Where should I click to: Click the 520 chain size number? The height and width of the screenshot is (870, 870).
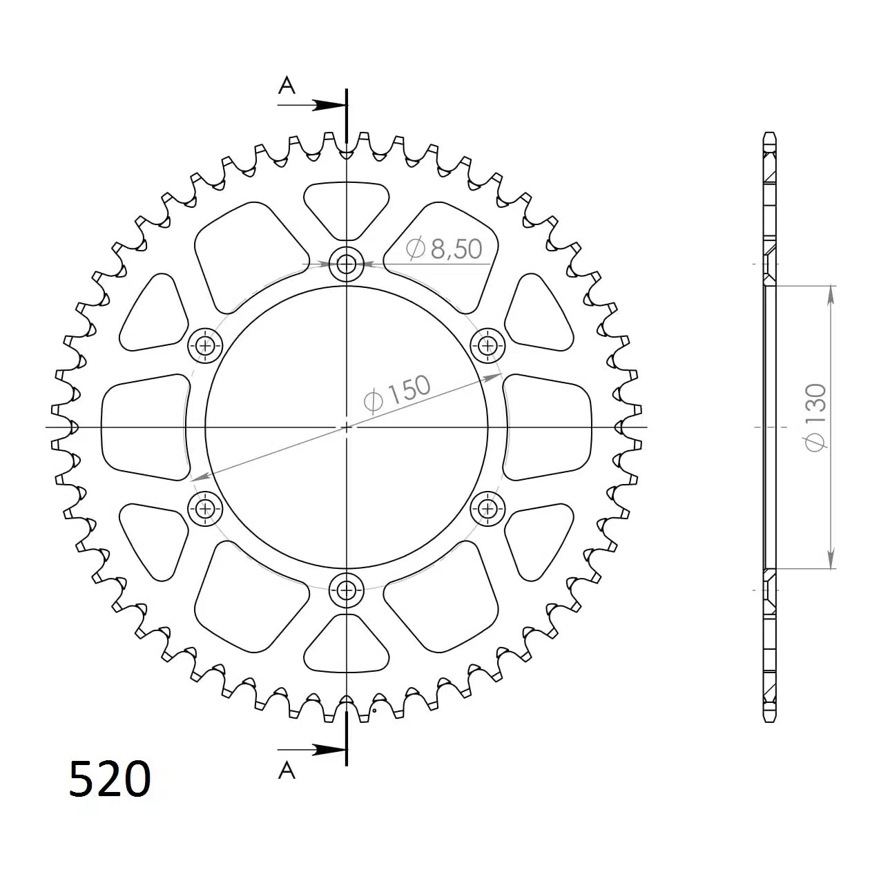coord(110,780)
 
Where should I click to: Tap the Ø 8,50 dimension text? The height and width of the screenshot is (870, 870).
coord(444,248)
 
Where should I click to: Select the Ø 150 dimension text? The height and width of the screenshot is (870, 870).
coord(397,394)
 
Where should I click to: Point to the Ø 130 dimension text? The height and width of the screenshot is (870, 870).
coord(816,417)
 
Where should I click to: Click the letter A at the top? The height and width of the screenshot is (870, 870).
coord(287,86)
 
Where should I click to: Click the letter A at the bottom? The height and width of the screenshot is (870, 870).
coord(287,770)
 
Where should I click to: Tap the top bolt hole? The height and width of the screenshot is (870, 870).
coord(347,264)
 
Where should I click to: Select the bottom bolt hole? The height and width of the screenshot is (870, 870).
coord(347,590)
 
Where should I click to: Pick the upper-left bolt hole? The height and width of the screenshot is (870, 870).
coord(205,346)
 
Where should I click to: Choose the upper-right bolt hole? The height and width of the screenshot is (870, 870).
coord(487,346)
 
